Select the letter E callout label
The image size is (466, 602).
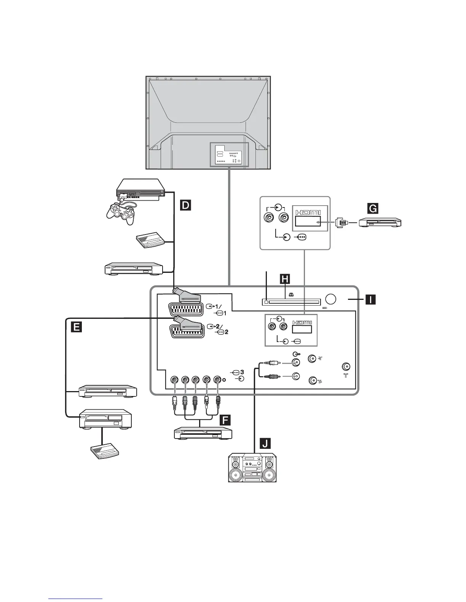pyautogui.click(x=76, y=327)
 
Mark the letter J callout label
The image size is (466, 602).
pyautogui.click(x=265, y=443)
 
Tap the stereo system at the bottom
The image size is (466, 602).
pyautogui.click(x=252, y=468)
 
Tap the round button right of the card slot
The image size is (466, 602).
pyautogui.click(x=330, y=299)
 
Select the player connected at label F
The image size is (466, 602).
pyautogui.click(x=203, y=434)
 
